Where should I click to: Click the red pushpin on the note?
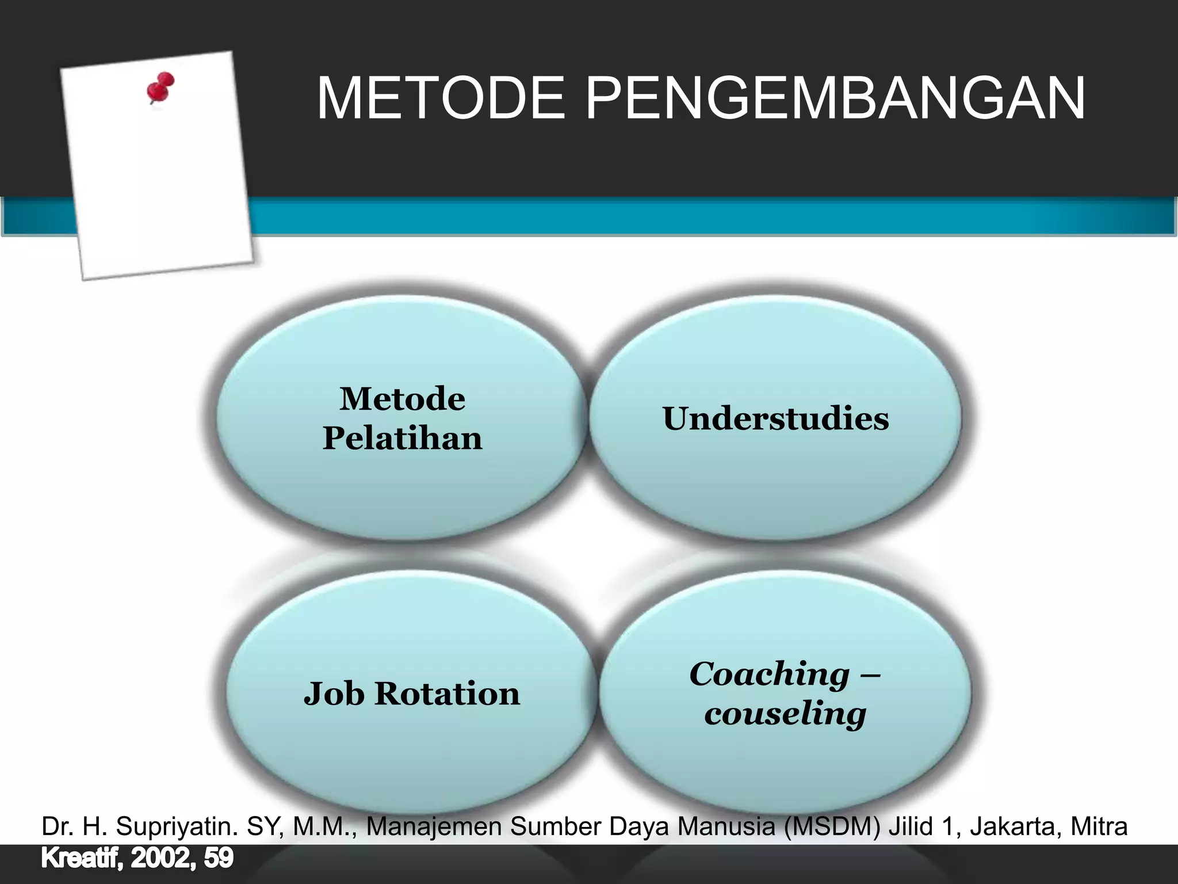point(160,87)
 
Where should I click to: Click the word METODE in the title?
point(441,98)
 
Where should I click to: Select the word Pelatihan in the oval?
point(402,439)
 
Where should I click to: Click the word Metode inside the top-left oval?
point(402,399)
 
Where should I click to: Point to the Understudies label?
point(775,418)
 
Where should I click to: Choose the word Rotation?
point(447,694)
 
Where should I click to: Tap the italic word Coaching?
point(769,674)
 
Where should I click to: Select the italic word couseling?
point(785,714)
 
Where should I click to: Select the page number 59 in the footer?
point(219,858)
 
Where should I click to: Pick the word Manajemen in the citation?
point(434,826)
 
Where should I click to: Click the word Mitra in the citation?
point(1099,826)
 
